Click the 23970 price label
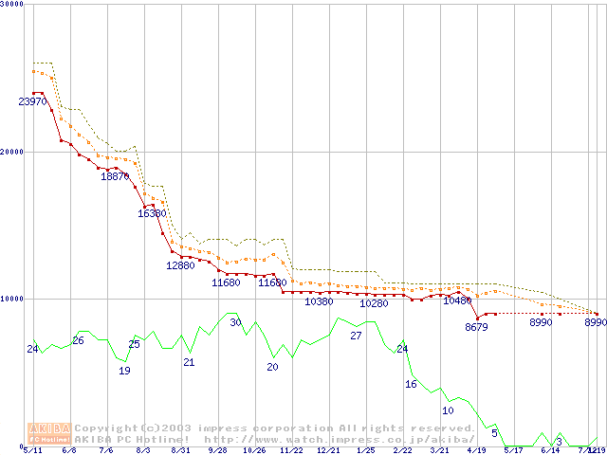(x=32, y=101)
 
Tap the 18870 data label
(x=115, y=176)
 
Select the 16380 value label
(x=152, y=213)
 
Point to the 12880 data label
(x=180, y=265)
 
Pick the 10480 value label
(x=457, y=300)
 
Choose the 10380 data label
(x=319, y=301)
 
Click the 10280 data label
(x=374, y=303)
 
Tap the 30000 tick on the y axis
(x=12, y=5)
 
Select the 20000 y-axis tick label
(x=12, y=152)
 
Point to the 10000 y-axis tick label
(x=12, y=299)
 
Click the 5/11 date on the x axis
(x=32, y=450)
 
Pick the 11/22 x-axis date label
(x=291, y=450)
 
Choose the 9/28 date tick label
(x=217, y=450)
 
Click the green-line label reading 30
(x=235, y=323)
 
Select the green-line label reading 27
(x=356, y=336)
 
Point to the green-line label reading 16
(x=411, y=384)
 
